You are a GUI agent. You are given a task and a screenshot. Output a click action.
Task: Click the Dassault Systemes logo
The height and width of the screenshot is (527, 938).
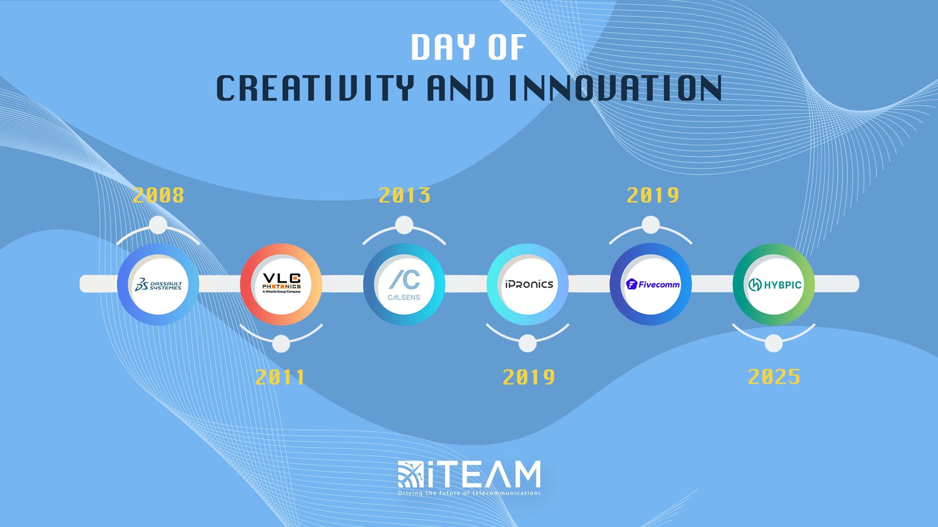click(158, 284)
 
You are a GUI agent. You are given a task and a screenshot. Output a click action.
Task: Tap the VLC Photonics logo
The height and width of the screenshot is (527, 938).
click(281, 284)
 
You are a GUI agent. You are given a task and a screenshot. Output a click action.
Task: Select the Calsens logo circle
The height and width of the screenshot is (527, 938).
click(404, 284)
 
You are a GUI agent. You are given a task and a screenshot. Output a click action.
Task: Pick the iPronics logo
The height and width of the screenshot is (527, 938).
click(529, 284)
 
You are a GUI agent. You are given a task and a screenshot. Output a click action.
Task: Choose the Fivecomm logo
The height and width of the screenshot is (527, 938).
click(653, 284)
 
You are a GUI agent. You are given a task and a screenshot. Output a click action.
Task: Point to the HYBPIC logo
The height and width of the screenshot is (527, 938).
click(775, 284)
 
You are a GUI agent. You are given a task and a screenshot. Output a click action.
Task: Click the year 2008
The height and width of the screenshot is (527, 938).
click(158, 196)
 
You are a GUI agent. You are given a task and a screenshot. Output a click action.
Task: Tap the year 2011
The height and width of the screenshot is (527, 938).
click(281, 377)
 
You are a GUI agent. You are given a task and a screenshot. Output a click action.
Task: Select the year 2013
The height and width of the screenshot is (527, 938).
click(405, 196)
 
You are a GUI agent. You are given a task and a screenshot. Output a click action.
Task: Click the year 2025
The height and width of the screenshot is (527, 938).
click(774, 377)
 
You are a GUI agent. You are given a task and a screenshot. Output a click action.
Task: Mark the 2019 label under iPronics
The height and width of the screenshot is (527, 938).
click(529, 377)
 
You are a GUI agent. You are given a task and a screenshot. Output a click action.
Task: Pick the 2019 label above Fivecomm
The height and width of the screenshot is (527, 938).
click(653, 196)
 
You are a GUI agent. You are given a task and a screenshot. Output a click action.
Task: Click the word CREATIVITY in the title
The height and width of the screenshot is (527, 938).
click(315, 88)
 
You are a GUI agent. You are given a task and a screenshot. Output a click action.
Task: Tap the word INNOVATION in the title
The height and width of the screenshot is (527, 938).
click(615, 88)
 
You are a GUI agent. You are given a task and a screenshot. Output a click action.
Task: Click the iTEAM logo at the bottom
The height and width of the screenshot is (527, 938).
click(469, 474)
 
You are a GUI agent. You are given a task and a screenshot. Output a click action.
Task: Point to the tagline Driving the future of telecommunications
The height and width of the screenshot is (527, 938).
click(469, 493)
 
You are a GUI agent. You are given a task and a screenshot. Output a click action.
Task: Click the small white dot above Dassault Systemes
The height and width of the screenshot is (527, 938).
click(158, 225)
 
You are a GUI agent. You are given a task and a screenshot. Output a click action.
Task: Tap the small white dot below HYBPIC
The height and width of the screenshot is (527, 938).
click(773, 343)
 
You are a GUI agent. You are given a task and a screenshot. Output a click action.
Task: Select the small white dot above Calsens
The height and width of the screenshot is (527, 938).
click(404, 225)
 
